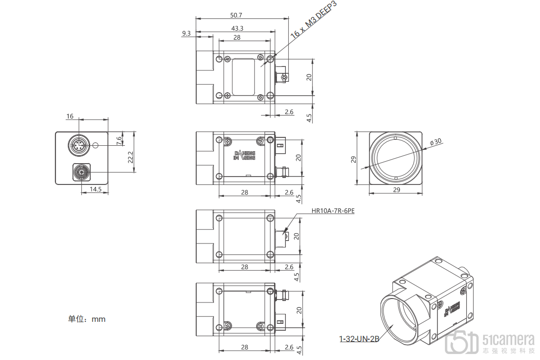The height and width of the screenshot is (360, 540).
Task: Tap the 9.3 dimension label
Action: [x=186, y=33]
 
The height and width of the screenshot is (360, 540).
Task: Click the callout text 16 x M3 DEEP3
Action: [x=314, y=20]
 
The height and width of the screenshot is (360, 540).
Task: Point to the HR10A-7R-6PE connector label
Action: [x=333, y=211]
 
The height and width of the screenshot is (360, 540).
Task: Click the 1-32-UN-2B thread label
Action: [x=359, y=339]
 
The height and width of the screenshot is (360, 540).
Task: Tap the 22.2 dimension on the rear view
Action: [x=130, y=157]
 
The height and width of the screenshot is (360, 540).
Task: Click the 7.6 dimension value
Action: [x=119, y=140]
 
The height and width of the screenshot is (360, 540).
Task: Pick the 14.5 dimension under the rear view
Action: [x=96, y=189]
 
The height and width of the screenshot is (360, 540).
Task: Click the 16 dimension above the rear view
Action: [x=70, y=117]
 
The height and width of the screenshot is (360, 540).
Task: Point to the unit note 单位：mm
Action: [x=87, y=319]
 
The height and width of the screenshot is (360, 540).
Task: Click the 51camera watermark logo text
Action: [x=508, y=339]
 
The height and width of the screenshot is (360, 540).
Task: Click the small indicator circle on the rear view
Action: [x=96, y=146]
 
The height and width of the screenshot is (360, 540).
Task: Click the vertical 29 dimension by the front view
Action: [x=354, y=159]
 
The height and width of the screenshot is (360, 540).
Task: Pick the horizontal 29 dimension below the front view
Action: [x=396, y=190]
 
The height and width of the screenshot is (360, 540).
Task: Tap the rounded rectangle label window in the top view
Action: [x=243, y=76]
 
